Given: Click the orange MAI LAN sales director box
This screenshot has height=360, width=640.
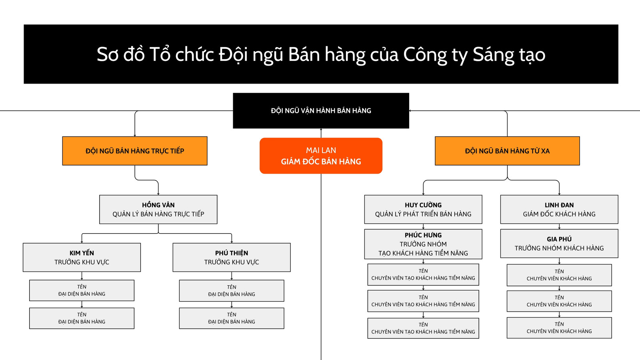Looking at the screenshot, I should click(x=321, y=156).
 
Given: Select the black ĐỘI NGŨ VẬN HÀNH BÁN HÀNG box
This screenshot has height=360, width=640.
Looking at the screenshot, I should click(x=321, y=111).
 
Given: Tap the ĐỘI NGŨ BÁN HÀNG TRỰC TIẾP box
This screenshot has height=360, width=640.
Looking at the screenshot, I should click(x=135, y=151).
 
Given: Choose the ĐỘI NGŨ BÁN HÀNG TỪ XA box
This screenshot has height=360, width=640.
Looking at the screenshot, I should click(x=507, y=151).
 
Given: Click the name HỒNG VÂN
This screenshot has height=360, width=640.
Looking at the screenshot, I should click(x=158, y=205).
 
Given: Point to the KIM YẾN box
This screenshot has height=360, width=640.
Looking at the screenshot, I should click(x=82, y=257).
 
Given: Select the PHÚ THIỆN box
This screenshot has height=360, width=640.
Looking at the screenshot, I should click(x=232, y=257).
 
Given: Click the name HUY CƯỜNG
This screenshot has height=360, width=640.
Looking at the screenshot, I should click(x=423, y=205).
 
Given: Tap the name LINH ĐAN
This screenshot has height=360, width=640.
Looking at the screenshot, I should click(x=559, y=205).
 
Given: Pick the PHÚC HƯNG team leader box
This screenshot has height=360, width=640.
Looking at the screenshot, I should click(x=423, y=244).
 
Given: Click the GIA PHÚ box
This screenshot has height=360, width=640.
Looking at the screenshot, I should click(x=559, y=243).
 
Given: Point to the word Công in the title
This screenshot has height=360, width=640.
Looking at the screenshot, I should click(x=425, y=55).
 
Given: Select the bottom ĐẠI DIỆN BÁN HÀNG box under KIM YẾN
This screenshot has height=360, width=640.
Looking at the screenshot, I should click(x=82, y=318).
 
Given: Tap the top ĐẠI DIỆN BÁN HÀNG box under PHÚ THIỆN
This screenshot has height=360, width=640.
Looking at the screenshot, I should click(x=232, y=290).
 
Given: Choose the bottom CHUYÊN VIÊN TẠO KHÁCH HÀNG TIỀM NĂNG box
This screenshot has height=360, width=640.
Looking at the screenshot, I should click(x=423, y=328).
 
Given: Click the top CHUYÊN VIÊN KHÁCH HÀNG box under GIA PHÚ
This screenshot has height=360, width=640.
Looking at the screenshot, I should click(x=559, y=275).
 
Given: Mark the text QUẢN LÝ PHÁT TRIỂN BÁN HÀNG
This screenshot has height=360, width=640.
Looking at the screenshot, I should click(x=423, y=214).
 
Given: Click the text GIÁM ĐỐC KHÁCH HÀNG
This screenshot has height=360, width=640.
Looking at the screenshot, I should click(x=559, y=214).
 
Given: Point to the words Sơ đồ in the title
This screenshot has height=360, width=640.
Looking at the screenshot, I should click(x=120, y=55).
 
